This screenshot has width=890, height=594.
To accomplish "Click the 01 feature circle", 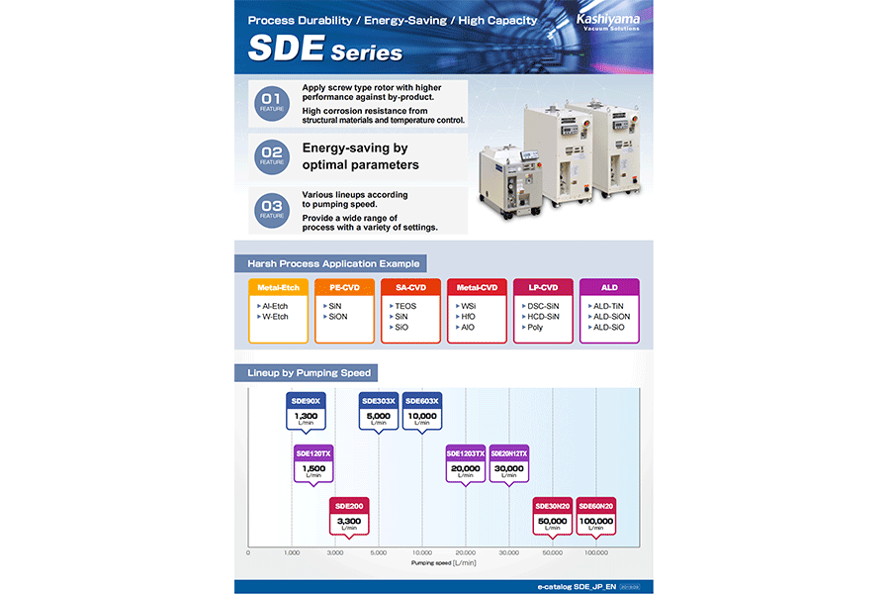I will click(272, 104).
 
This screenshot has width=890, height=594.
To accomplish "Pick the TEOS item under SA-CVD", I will click(405, 306).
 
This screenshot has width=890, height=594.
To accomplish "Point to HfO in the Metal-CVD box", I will click(468, 317).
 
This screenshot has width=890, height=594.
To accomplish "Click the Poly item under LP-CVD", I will click(534, 328).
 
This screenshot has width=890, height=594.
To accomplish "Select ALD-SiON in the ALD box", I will click(606, 317).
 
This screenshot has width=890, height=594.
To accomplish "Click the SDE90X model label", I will click(305, 401).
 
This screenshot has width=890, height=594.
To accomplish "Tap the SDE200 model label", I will click(348, 506).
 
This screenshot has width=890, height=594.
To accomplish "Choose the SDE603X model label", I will click(421, 401).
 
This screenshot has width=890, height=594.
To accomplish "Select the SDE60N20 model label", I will click(595, 506).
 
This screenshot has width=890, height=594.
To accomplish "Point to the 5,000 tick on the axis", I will click(378, 553).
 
